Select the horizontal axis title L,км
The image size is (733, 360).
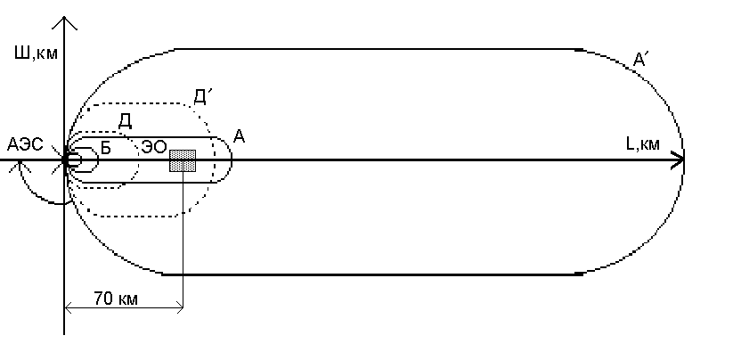pos(642,143)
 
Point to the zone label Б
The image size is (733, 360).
pos(105,149)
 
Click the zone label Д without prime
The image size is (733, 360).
pos(126,119)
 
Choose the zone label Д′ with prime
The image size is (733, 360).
pos(201,95)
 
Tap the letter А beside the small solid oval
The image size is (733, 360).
pos(239,136)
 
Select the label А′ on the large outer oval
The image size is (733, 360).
pos(639,61)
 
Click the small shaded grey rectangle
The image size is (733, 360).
pos(183,160)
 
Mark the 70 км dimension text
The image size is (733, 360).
pos(114,299)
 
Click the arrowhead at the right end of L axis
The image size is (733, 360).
pos(680,160)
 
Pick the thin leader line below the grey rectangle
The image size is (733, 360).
pos(183,241)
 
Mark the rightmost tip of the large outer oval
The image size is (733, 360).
pos(684,160)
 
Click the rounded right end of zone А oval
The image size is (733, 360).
pos(232,160)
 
